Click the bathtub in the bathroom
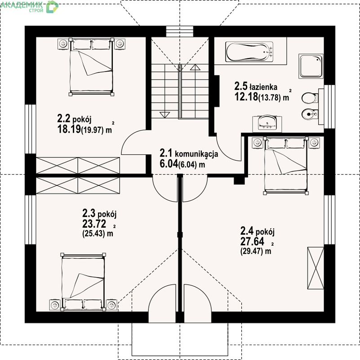click(x=249, y=52)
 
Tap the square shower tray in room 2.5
click(x=311, y=67)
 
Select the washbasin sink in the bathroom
click(x=267, y=123)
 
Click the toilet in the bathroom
click(x=310, y=98)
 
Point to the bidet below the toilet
click(x=310, y=113)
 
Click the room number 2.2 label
click(x=64, y=119)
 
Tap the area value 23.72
click(x=94, y=224)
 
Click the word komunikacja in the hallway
click(x=196, y=153)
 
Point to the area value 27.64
click(x=252, y=241)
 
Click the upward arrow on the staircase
click(x=195, y=67)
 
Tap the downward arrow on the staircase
click(x=164, y=115)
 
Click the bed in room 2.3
click(x=83, y=282)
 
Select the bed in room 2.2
click(x=91, y=67)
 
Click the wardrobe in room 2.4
click(x=316, y=268)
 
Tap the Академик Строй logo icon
click(x=52, y=6)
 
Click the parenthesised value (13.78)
click(x=270, y=98)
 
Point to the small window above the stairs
click(x=180, y=31)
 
